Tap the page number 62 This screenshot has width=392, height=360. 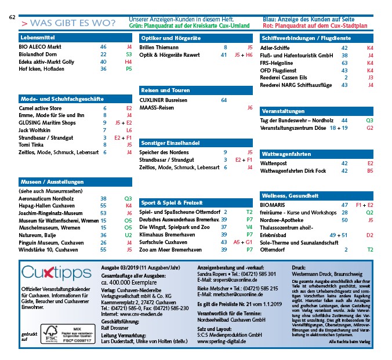(x=12, y=17)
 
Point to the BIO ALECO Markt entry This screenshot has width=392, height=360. (x=41, y=46)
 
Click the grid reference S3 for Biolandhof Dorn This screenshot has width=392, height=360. (x=129, y=53)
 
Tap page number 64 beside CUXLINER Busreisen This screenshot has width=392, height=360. (x=224, y=100)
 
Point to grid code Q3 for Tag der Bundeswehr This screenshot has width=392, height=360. (x=369, y=120)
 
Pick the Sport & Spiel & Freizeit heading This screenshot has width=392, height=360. (x=172, y=203)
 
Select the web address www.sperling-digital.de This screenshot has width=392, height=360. (x=222, y=342)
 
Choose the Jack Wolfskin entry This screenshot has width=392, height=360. (x=36, y=130)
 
